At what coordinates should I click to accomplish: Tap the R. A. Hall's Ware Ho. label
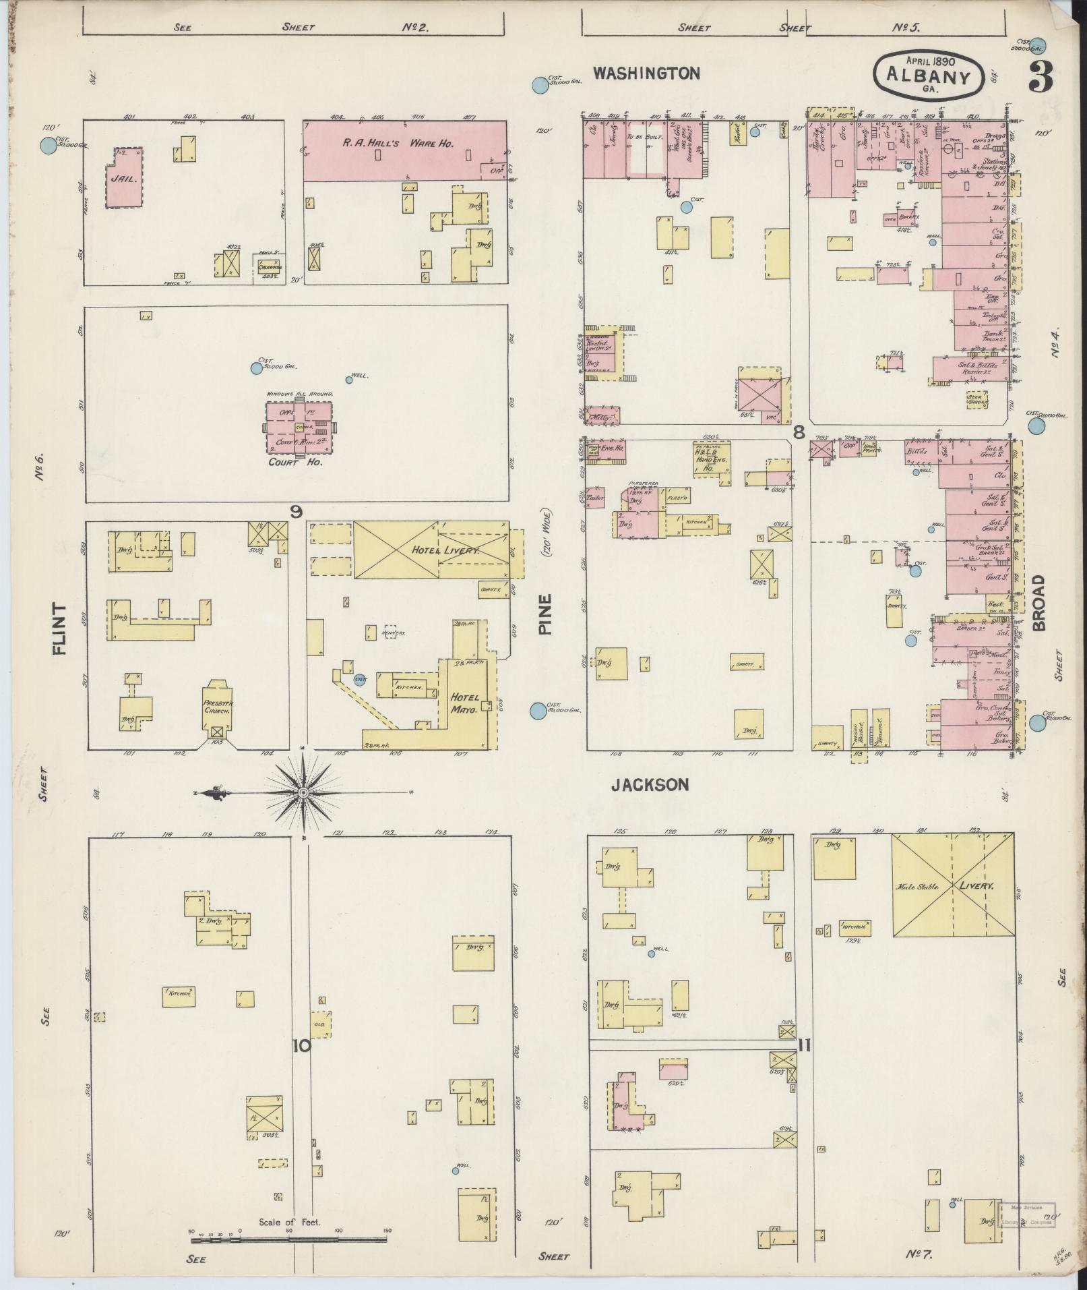[x=402, y=143]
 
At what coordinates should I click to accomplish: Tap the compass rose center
[x=303, y=792]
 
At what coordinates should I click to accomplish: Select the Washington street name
[x=646, y=73]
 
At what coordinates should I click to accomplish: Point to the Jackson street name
[x=650, y=784]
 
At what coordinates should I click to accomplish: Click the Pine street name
[x=545, y=614]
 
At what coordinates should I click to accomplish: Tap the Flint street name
[x=61, y=630]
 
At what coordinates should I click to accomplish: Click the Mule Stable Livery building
[x=953, y=885]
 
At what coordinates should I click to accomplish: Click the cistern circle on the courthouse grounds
[x=256, y=368]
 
